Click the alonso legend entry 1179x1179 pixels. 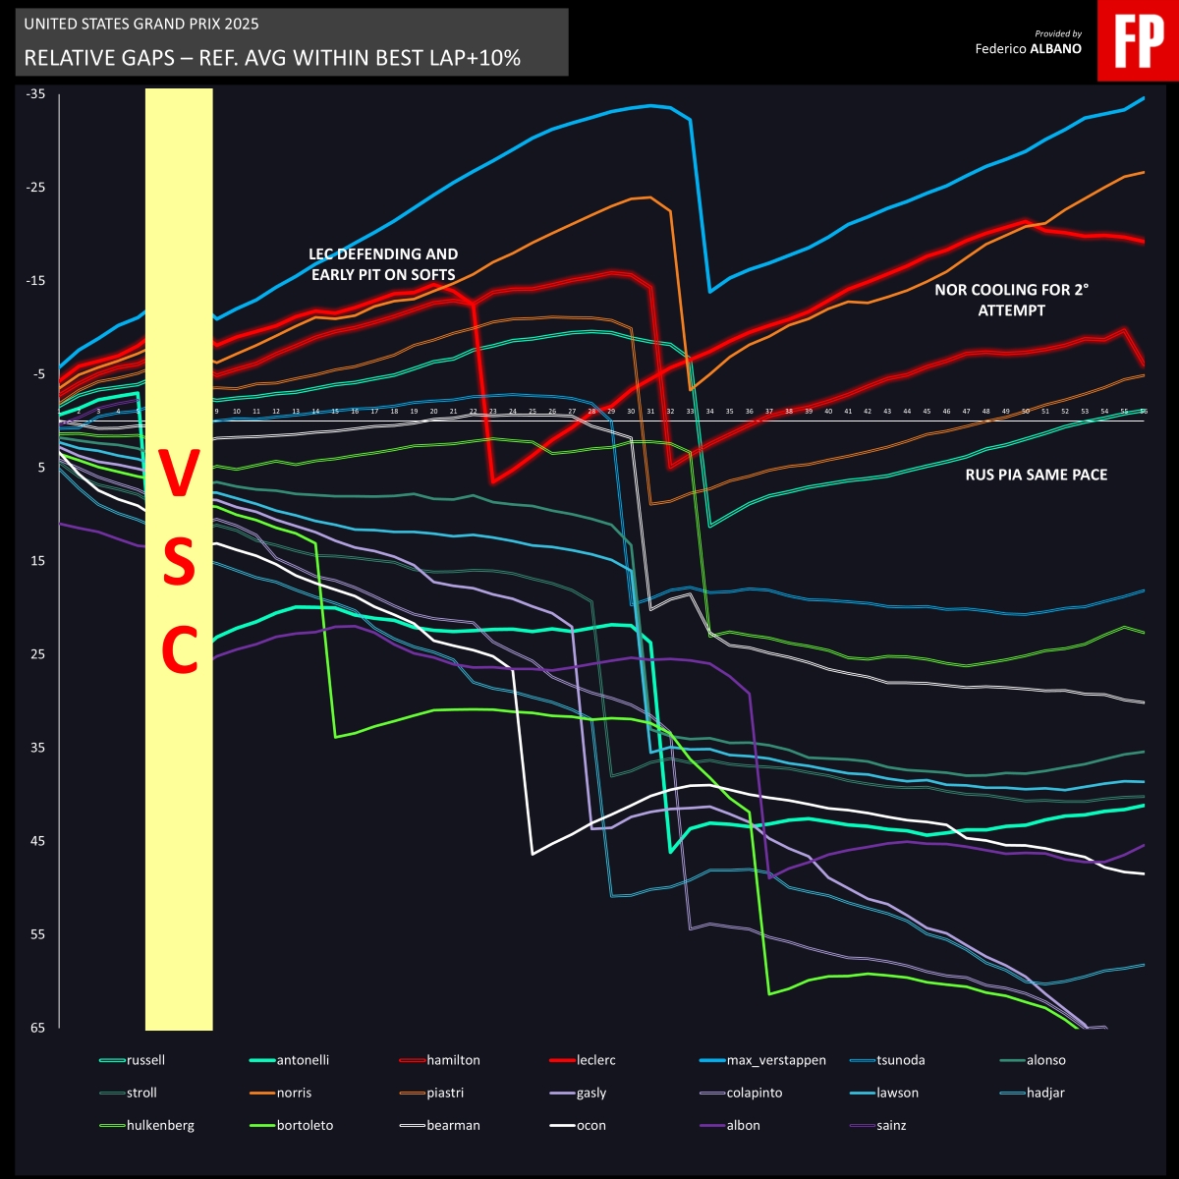pyautogui.click(x=1045, y=1060)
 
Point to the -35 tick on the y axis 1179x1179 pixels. pyautogui.click(x=36, y=94)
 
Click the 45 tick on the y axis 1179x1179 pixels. pyautogui.click(x=37, y=841)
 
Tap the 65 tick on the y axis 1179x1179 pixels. pyautogui.click(x=37, y=1028)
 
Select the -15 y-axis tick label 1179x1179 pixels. pyautogui.click(x=36, y=281)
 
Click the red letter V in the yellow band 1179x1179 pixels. pyautogui.click(x=180, y=477)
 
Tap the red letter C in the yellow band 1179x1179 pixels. pyautogui.click(x=180, y=650)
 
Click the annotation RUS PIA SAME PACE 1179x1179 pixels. pyautogui.click(x=1036, y=475)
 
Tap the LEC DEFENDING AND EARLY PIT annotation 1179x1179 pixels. pyautogui.click(x=383, y=264)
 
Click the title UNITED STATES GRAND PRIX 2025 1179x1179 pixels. pyautogui.click(x=141, y=24)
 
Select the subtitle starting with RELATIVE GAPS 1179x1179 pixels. pyautogui.click(x=271, y=58)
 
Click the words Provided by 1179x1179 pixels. pyautogui.click(x=1058, y=32)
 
